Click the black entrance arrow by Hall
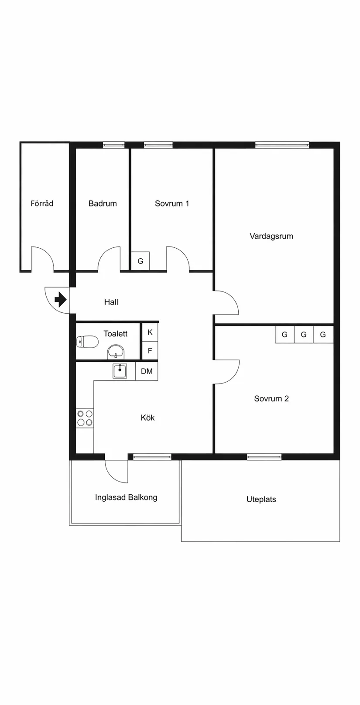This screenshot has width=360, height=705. [60, 300]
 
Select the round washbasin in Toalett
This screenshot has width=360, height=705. [116, 351]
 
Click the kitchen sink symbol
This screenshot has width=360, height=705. [120, 371]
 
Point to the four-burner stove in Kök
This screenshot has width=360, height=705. [85, 418]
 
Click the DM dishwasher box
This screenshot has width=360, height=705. [147, 371]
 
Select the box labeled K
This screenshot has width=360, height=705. [150, 332]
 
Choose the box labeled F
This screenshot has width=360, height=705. [150, 351]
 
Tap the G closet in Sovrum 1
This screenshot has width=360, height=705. [141, 261]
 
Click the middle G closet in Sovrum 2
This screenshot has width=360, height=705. [304, 335]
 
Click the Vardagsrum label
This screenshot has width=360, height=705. [271, 236]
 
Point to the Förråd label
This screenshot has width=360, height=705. [42, 203]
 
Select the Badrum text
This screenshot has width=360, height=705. [103, 203]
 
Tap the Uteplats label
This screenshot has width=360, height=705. [261, 499]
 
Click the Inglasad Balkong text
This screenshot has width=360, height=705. [126, 497]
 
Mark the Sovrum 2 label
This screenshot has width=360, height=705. [271, 398]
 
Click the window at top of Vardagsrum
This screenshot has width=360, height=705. [282, 145]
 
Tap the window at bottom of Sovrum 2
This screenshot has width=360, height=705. [264, 457]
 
